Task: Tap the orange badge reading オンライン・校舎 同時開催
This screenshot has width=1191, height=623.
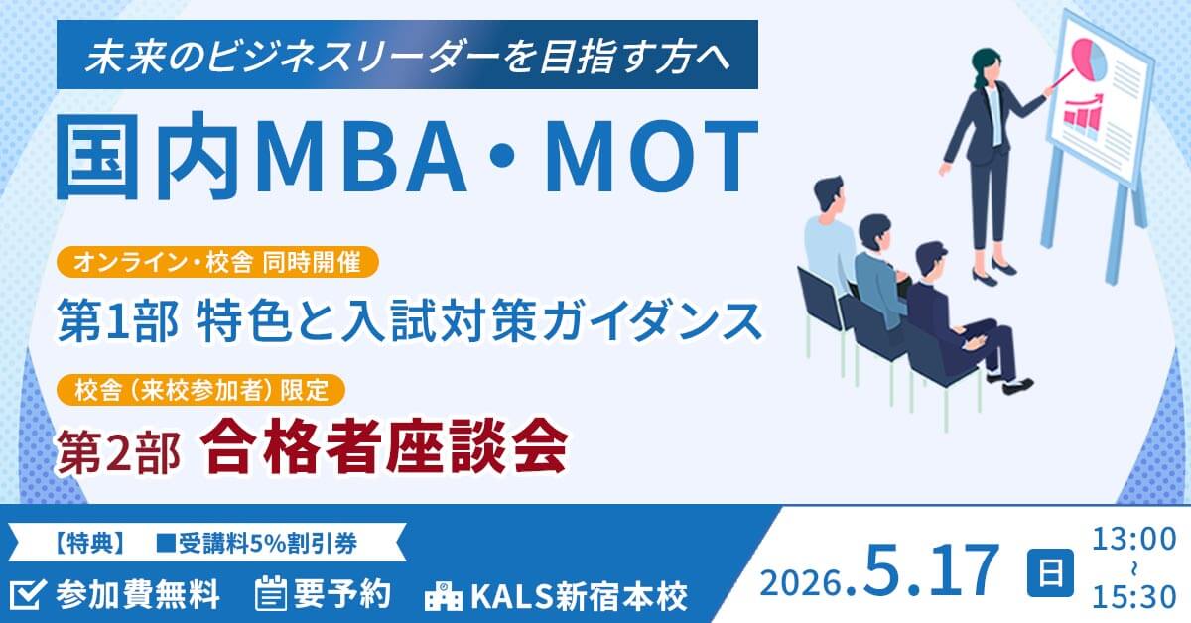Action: point(217,263)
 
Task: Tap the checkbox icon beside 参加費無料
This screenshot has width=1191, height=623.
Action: point(29,593)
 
